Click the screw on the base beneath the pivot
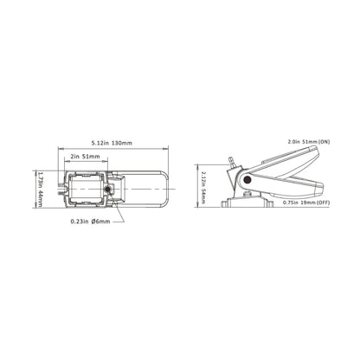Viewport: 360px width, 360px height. click(249, 199)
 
